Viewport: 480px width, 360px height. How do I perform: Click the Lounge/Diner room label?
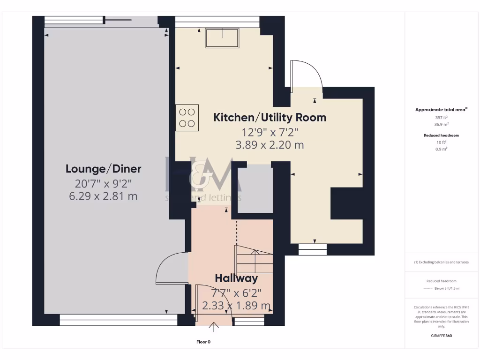point(103,169)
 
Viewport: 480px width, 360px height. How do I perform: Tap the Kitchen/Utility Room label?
point(270,117)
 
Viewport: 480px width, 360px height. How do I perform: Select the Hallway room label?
point(236,278)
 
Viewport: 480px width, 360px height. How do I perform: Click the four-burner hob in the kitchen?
point(187,118)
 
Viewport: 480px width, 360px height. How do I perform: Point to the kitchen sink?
point(222,38)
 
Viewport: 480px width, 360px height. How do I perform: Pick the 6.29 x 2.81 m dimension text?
point(103,196)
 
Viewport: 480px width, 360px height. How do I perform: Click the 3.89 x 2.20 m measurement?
point(270,145)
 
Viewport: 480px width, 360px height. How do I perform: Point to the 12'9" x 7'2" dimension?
point(270,132)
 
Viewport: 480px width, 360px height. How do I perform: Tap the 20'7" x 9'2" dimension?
point(103,183)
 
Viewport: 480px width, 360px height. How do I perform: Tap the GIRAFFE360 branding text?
point(441,336)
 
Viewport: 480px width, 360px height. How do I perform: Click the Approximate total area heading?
point(441,110)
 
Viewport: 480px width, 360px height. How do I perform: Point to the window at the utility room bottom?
point(313,249)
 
